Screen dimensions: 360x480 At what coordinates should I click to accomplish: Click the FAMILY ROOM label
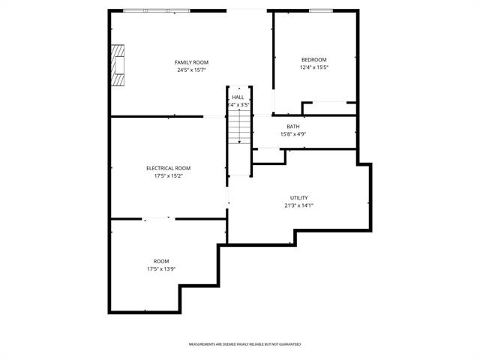click(191, 62)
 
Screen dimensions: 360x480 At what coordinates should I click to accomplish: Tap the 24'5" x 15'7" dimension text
click(191, 70)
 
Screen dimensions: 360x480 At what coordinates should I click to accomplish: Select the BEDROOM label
click(314, 60)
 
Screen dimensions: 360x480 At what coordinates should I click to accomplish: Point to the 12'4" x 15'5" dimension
click(314, 67)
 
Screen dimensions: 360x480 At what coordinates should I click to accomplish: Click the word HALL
click(238, 97)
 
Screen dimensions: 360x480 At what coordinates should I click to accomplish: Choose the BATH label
click(293, 127)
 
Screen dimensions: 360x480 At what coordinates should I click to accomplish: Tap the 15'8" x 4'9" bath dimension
click(293, 134)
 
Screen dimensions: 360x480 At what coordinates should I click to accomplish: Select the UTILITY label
click(298, 198)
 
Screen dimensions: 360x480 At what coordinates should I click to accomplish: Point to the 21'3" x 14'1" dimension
click(298, 205)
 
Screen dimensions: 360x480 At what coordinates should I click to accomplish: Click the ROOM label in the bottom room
click(161, 261)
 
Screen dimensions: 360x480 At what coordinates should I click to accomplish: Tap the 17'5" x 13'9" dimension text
click(161, 268)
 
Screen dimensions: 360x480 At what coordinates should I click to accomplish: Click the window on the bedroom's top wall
click(321, 10)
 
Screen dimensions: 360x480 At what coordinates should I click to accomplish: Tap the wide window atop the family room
click(157, 10)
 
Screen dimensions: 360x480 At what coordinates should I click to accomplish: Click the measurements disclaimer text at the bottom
click(244, 344)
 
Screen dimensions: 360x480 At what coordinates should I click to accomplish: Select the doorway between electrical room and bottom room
click(157, 218)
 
